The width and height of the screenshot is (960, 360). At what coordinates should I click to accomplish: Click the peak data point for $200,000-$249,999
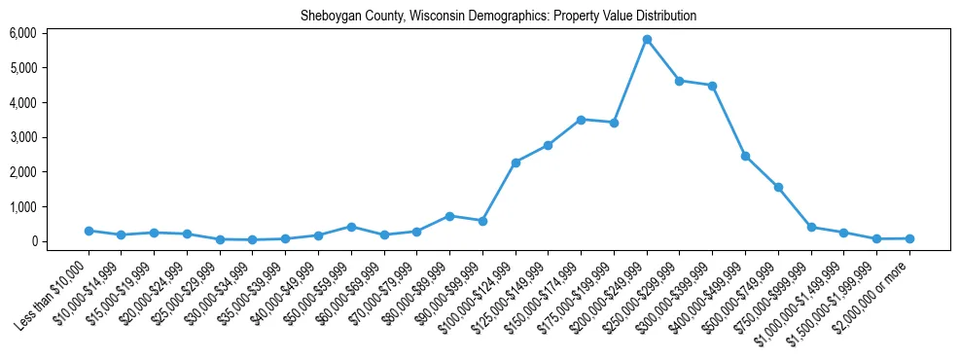647,39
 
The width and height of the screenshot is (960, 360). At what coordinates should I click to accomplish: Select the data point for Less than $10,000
89,231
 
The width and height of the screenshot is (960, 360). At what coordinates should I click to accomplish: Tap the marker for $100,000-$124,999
516,162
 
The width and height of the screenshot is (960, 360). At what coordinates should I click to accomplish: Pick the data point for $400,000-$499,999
745,156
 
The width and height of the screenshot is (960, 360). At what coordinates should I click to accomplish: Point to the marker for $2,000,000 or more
909,238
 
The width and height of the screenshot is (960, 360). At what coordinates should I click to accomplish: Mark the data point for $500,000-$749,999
778,187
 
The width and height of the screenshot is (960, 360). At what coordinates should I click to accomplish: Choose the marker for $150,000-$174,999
581,120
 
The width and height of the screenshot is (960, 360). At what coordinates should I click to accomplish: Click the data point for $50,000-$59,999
351,227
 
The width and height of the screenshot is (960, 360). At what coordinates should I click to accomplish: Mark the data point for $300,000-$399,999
712,86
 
